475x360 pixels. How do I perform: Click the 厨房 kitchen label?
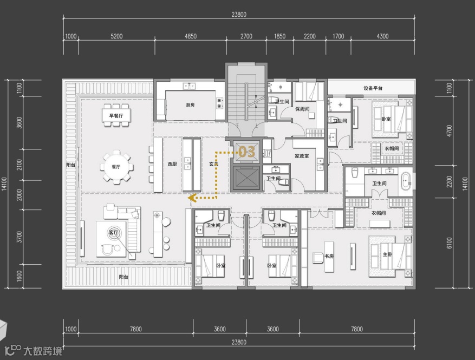(190, 105)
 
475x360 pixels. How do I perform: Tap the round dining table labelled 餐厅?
(116, 167)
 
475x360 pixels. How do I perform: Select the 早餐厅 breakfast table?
(116, 115)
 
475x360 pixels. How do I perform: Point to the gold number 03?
(247, 152)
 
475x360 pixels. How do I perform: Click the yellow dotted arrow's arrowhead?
(192, 198)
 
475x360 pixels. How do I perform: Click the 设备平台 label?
(373, 88)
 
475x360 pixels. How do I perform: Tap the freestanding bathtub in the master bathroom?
(406, 181)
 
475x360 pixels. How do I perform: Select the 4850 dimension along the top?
(191, 36)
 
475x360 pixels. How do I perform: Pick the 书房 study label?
(329, 256)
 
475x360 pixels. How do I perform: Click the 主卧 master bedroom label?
(387, 254)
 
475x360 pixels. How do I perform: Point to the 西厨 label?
(172, 164)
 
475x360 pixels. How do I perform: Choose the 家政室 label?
(302, 156)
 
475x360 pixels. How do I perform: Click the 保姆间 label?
(302, 109)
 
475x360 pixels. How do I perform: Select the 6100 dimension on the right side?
(449, 243)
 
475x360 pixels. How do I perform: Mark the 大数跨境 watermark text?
(43, 351)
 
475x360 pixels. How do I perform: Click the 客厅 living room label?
(113, 233)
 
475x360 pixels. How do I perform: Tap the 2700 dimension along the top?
(246, 36)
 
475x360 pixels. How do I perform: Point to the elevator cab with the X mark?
(246, 178)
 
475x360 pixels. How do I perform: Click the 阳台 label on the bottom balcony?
(123, 277)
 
